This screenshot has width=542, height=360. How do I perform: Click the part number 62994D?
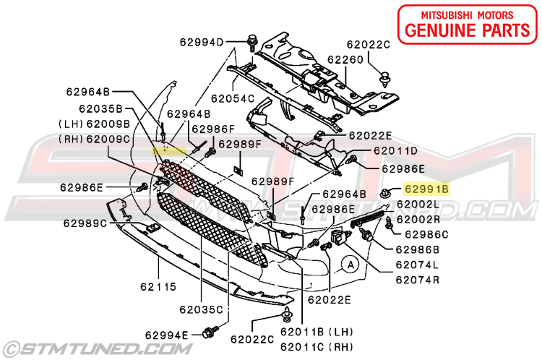click(202, 43)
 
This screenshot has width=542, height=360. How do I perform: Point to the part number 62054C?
click(233, 98)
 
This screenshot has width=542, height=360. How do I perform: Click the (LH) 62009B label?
click(95, 124)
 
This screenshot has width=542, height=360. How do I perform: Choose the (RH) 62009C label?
click(95, 138)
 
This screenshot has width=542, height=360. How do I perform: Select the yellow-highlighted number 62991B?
click(426, 190)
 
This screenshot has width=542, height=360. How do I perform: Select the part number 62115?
click(158, 287)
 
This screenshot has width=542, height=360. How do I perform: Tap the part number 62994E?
click(166, 335)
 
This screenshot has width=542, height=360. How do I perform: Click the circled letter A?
click(350, 263)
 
